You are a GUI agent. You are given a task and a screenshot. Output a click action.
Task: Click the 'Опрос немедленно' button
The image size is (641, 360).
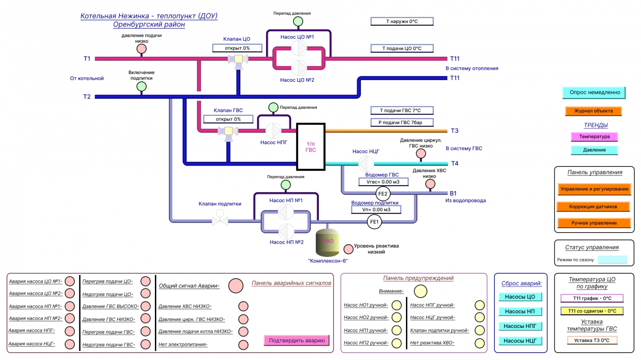594,93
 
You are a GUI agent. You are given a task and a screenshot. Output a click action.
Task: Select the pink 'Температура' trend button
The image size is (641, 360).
594,137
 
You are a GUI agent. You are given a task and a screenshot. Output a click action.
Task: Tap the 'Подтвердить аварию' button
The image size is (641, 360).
297,341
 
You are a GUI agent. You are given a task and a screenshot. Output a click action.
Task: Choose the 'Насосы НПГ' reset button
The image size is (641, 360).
520,326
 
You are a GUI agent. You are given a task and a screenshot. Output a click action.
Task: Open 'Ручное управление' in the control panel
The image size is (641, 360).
594,223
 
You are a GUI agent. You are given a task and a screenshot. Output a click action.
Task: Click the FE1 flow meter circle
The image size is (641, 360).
374,222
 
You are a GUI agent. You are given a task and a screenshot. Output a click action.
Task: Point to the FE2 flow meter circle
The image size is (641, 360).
383,194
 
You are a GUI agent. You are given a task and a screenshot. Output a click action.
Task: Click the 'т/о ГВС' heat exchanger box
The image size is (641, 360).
311,147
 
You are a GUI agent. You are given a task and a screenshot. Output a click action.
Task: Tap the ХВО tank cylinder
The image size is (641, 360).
327,242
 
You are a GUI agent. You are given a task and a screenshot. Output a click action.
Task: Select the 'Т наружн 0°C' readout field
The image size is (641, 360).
402,21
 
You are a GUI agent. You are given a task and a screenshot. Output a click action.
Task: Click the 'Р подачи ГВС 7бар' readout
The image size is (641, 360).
402,122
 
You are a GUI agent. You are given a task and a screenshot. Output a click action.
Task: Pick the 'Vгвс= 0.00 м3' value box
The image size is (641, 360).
383,182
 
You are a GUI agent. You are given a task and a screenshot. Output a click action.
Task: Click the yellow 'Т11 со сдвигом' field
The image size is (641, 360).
592,311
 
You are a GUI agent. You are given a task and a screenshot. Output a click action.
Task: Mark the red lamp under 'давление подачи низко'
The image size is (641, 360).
141,49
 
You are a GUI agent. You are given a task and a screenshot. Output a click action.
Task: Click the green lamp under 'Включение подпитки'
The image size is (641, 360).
141,86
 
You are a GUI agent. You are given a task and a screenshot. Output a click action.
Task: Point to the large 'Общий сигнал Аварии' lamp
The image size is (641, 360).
236,286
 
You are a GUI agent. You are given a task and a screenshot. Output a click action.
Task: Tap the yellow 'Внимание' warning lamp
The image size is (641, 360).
420,291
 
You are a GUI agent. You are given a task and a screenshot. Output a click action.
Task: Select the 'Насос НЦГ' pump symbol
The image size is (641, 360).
366,164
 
